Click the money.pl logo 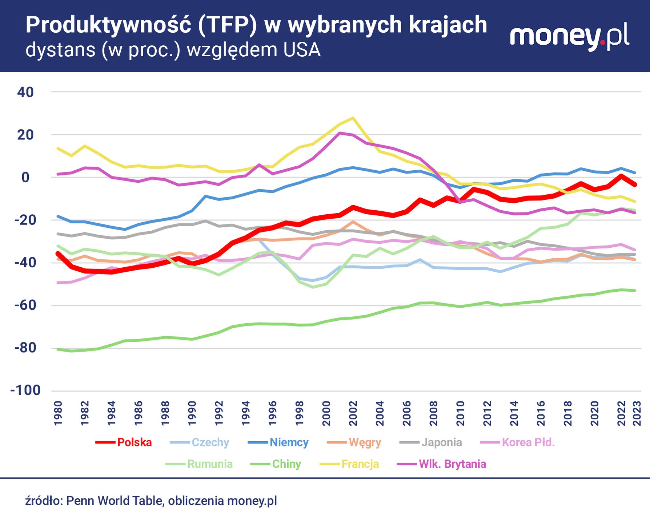click(x=569, y=37)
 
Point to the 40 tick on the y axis click(x=25, y=92)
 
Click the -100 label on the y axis click(x=25, y=390)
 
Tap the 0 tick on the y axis click(x=25, y=177)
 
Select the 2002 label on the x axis click(x=353, y=413)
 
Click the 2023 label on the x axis click(x=637, y=413)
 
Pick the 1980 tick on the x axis click(x=58, y=413)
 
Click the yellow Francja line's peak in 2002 click(x=353, y=118)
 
